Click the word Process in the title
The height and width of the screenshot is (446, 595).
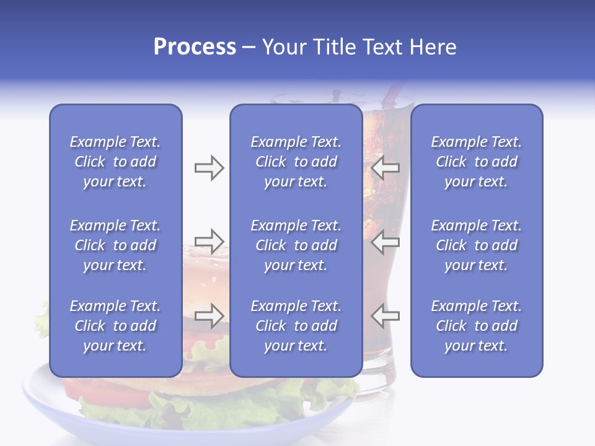point(195,47)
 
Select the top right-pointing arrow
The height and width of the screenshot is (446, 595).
point(209,168)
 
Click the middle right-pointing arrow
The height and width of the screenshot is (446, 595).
point(209,241)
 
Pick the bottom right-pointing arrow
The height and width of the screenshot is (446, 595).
point(209,315)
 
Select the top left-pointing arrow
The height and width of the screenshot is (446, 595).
point(385,168)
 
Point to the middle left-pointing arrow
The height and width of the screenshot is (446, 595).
point(385,241)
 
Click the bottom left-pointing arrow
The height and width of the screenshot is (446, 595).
point(385,315)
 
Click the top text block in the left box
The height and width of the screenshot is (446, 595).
point(115,162)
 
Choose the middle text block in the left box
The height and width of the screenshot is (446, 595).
point(115,245)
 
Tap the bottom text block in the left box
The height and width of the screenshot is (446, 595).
point(115,326)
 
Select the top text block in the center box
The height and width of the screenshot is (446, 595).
point(296,162)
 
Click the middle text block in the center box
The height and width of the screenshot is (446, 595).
point(296,245)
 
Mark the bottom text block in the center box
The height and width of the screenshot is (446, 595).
point(296,326)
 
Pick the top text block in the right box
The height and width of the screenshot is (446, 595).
point(476,162)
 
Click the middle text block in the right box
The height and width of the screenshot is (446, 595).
point(476,245)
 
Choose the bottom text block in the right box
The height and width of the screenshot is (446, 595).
point(476,326)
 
